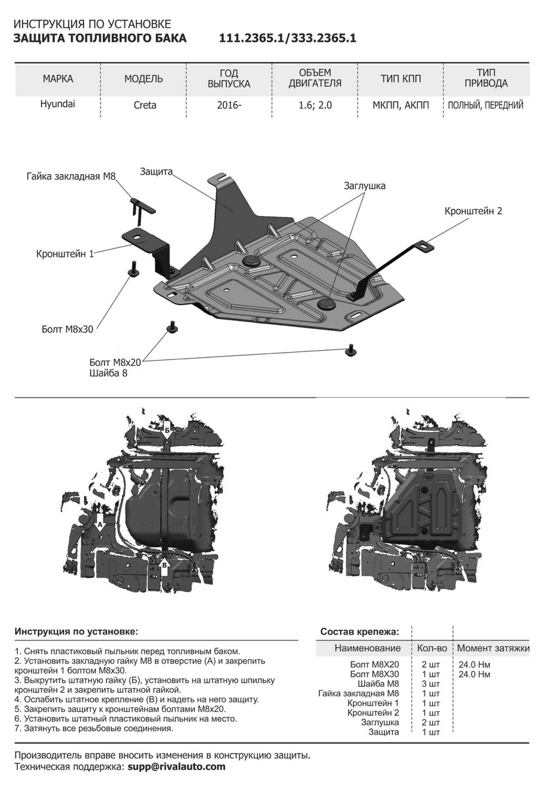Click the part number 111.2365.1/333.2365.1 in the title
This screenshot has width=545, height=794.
[x=288, y=38]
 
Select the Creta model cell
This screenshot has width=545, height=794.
[x=144, y=105]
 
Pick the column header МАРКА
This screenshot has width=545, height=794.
[x=58, y=79]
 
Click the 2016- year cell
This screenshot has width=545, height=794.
[x=229, y=105]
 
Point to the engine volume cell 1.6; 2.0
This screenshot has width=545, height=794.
[x=315, y=105]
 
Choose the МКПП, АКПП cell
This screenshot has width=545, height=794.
[x=400, y=105]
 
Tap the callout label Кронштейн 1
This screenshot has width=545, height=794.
[x=65, y=253]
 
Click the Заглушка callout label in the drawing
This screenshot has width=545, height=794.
[x=364, y=186]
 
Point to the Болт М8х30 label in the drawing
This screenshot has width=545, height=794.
[x=63, y=327]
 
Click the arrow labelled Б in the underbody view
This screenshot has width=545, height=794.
[x=168, y=431]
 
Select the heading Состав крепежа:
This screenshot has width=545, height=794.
[x=360, y=631]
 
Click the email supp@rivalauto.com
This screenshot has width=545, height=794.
[x=175, y=767]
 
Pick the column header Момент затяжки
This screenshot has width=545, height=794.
[x=493, y=648]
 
